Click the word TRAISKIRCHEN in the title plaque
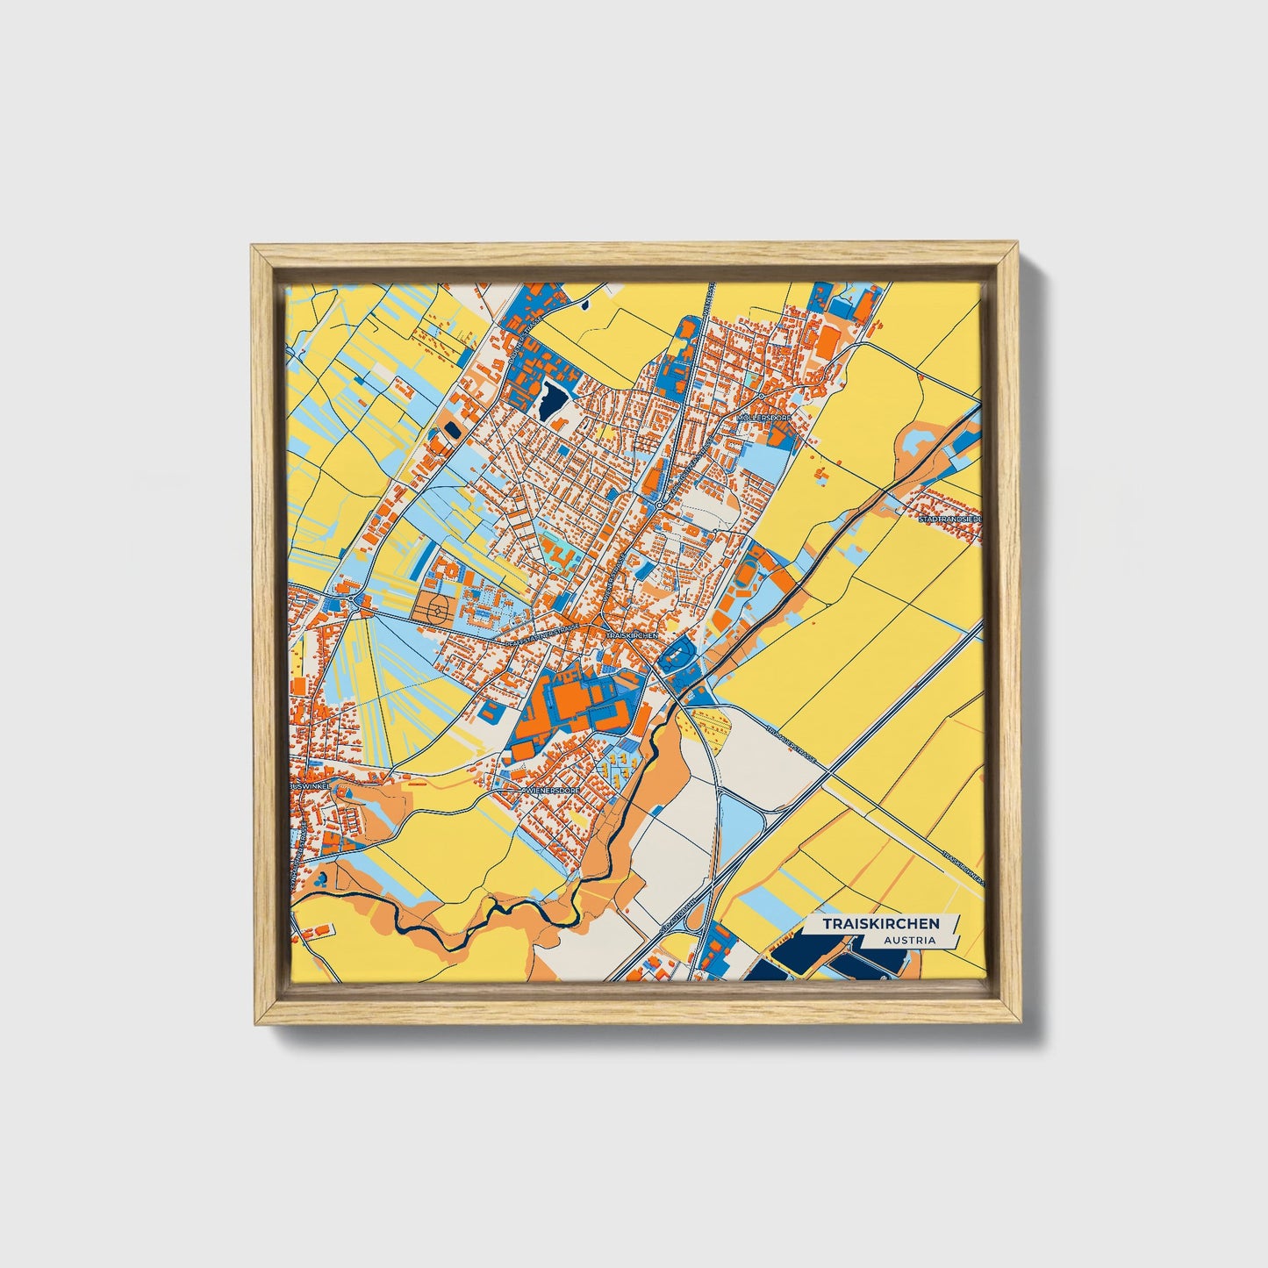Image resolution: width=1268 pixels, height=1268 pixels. [x=880, y=924]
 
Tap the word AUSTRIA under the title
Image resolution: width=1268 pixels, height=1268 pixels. [x=909, y=940]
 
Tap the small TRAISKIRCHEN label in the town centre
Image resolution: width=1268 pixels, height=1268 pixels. [x=631, y=634]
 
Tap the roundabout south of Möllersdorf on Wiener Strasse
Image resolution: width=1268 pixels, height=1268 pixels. [x=658, y=505]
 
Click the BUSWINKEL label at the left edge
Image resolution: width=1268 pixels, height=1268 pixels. [x=309, y=787]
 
